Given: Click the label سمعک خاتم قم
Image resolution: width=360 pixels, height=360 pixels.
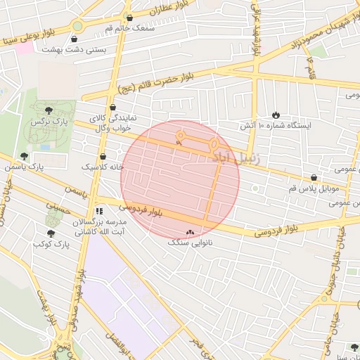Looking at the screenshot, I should (x=129, y=28).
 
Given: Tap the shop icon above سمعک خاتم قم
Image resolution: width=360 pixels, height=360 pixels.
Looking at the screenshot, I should (x=129, y=18).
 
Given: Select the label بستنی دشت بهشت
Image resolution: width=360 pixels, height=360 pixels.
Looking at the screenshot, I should (x=75, y=50).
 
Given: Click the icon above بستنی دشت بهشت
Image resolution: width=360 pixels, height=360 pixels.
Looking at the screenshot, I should (x=75, y=39).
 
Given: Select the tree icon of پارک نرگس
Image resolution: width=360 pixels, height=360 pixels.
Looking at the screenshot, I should (x=48, y=110).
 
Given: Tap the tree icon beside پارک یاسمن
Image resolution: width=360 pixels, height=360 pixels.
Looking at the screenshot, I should (x=24, y=156).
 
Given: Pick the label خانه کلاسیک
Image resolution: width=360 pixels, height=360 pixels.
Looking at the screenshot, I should (x=103, y=167).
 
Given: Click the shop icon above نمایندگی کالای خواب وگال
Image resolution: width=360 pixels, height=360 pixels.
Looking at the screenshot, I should (x=112, y=108).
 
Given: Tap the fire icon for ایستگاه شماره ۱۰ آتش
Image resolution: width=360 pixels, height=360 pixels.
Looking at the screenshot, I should (x=275, y=115).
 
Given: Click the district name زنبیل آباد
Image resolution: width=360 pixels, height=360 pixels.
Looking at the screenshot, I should (x=236, y=159).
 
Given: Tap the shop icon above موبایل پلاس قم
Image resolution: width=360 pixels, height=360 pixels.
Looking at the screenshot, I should (x=314, y=178).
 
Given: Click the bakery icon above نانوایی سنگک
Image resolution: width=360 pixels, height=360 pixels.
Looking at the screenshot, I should (x=188, y=232).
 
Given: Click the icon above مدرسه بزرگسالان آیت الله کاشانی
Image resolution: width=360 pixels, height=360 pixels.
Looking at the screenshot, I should (x=99, y=210).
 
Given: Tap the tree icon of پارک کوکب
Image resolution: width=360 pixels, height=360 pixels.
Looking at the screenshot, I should (x=50, y=233).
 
